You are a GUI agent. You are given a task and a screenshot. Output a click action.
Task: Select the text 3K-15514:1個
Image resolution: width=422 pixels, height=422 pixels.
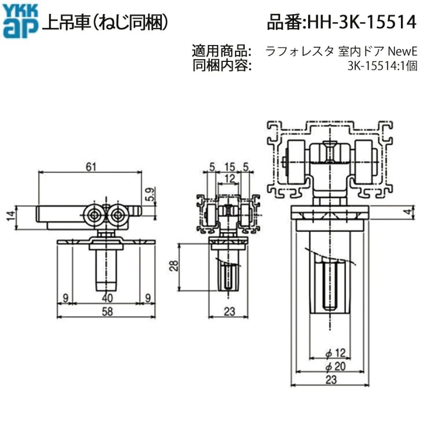click(x=382, y=66)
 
